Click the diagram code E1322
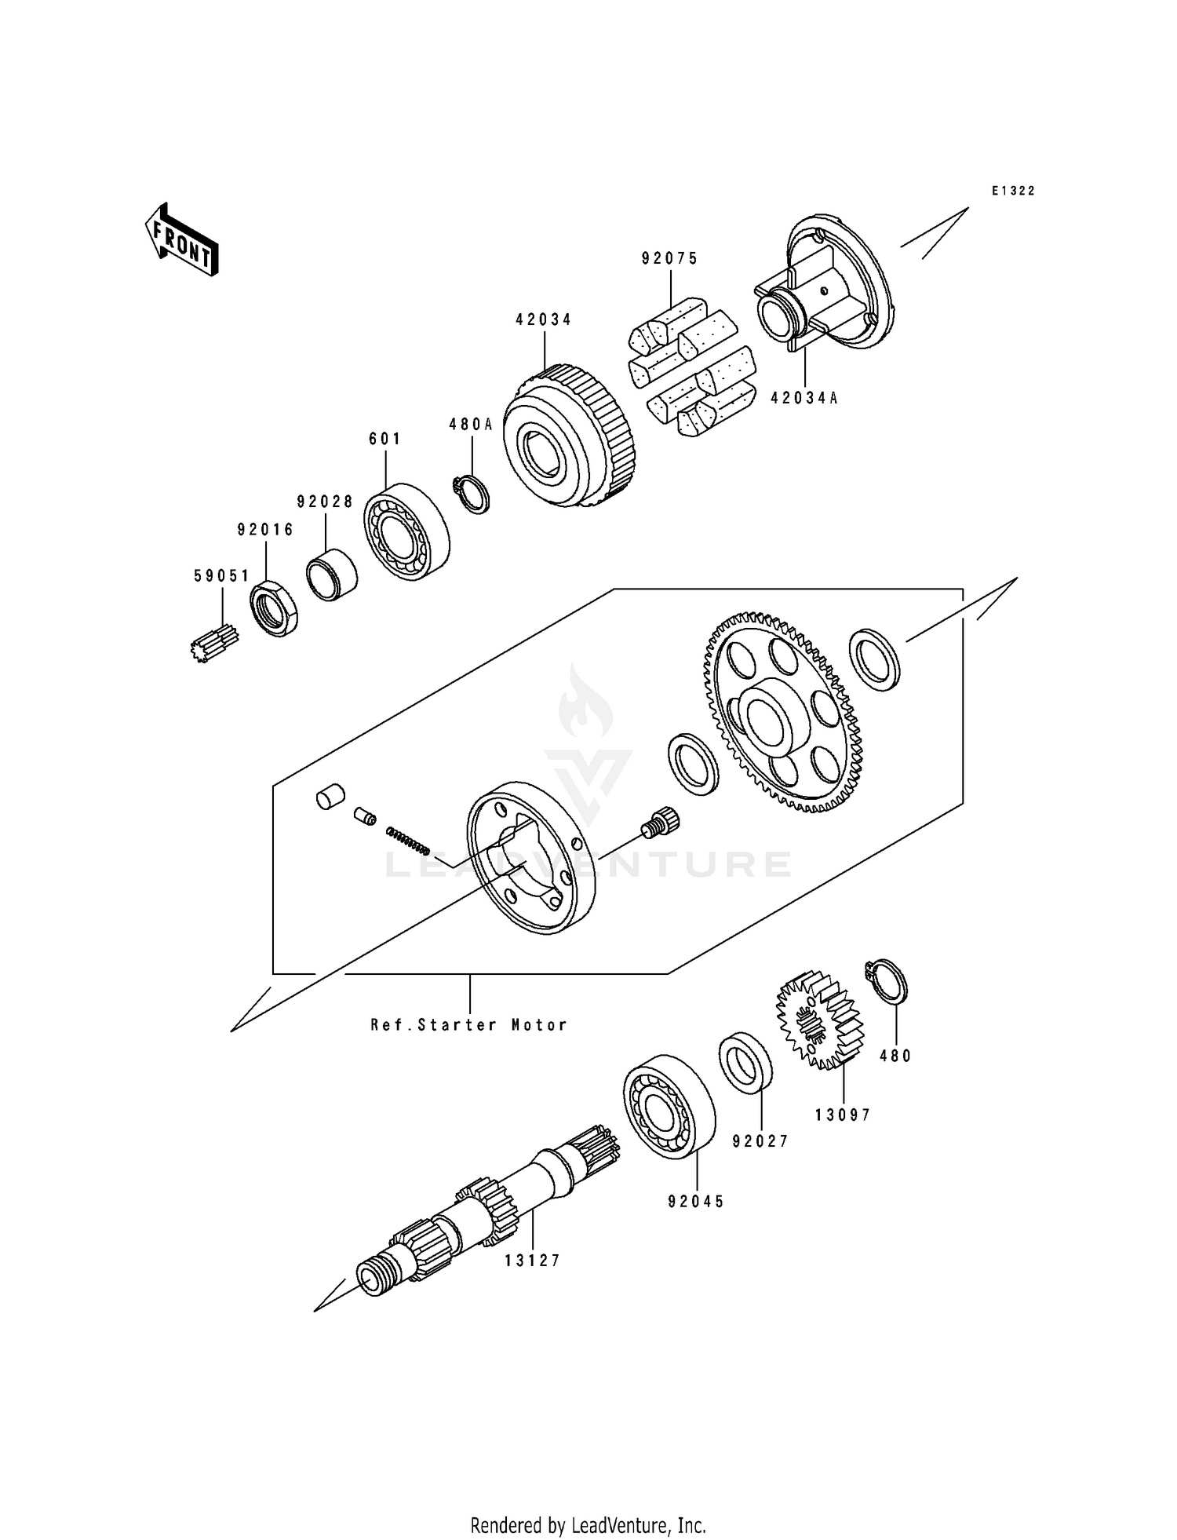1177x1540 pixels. [1013, 191]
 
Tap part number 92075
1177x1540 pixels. [669, 259]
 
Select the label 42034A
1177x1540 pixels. [804, 398]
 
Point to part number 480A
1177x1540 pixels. [471, 425]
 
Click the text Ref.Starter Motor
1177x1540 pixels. [469, 1025]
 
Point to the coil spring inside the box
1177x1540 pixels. [407, 839]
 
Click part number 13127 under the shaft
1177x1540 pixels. [533, 1261]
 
